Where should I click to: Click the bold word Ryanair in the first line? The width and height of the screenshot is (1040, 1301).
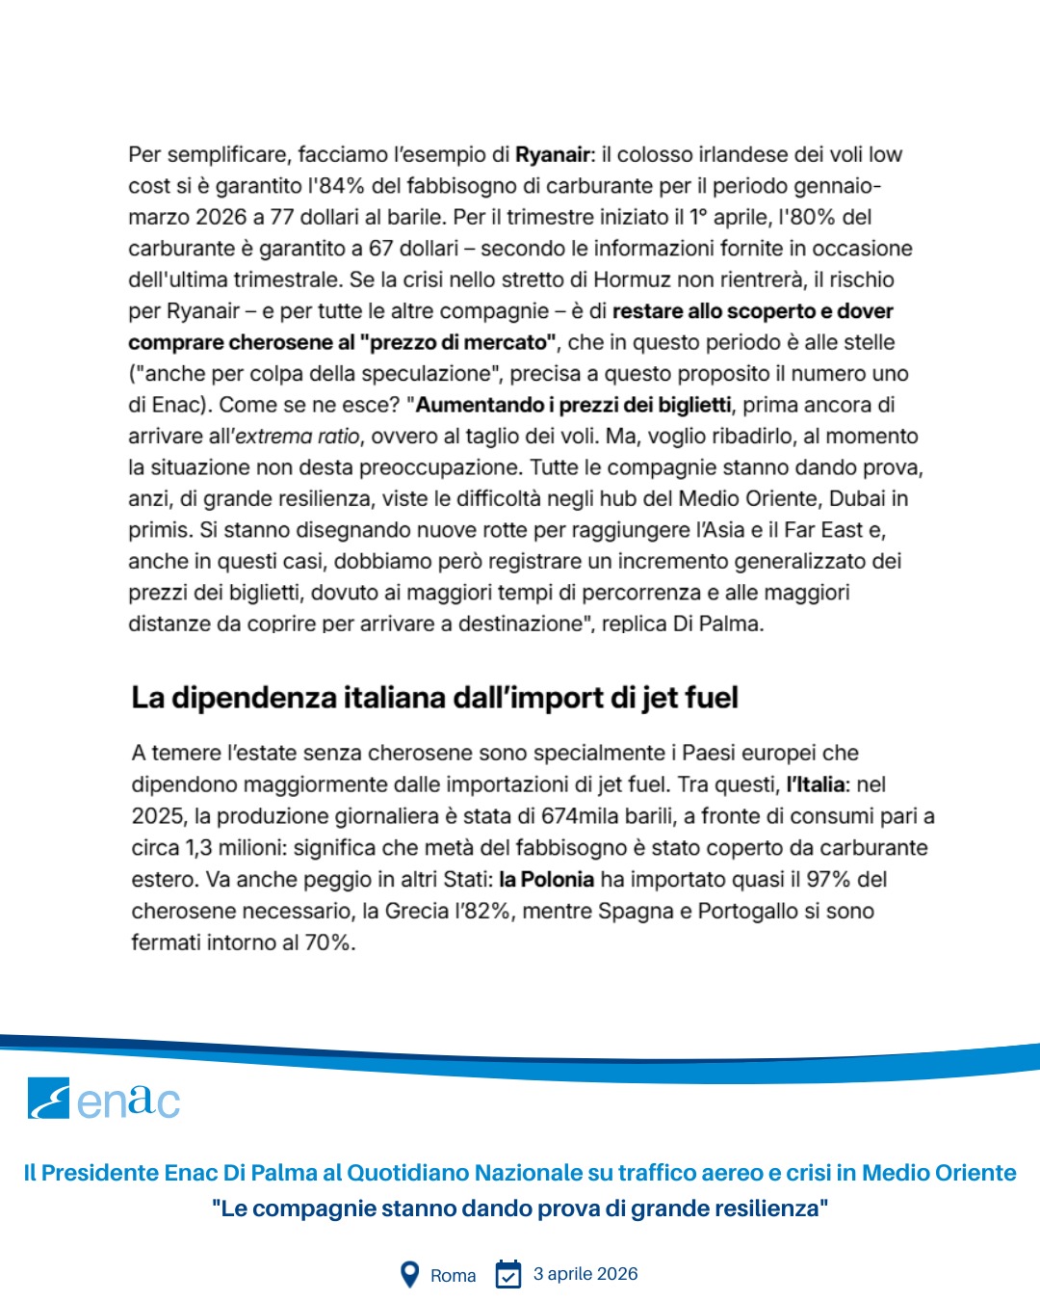553,154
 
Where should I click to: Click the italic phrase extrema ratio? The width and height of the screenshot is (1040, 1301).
298,437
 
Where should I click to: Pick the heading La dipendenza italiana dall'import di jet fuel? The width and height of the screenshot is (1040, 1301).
434,698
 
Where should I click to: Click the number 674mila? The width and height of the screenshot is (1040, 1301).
585,816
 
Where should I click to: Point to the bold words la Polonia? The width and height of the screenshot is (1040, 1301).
546,879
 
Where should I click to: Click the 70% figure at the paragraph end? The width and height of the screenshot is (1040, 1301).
329,943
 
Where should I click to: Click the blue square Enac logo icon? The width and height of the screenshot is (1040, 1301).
48,1098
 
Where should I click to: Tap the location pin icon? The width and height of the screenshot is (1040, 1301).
409,1275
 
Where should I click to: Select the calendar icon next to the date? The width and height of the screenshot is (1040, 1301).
507,1274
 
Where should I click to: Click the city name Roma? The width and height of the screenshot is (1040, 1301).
453,1275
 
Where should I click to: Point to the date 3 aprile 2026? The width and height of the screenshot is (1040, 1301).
585,1274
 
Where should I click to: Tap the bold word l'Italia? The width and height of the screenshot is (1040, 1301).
815,784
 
